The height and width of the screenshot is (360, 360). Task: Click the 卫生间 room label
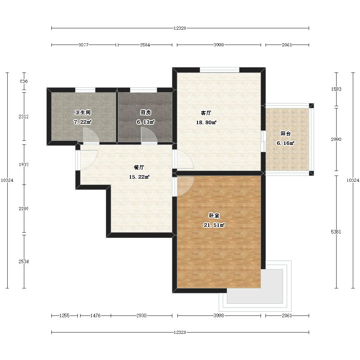(x=83, y=112)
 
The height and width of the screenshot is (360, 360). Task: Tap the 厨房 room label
(x=146, y=112)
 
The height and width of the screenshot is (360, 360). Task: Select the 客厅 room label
(x=206, y=113)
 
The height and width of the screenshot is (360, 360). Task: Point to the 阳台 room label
(x=286, y=134)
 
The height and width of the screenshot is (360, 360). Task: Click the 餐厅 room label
(x=139, y=167)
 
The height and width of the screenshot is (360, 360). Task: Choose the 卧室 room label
(x=214, y=216)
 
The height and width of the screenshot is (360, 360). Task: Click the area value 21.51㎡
(x=214, y=225)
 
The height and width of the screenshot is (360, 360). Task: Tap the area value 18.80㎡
(x=206, y=122)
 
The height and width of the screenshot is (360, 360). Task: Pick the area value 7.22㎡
(x=83, y=122)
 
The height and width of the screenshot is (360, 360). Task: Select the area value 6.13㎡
(x=146, y=122)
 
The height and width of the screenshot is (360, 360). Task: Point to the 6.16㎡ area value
(x=286, y=143)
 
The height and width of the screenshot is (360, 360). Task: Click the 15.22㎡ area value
(x=139, y=177)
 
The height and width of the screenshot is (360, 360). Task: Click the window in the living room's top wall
(x=220, y=70)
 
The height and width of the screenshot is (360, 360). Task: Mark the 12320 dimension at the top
(x=180, y=28)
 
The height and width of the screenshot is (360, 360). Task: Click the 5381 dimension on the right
(x=336, y=232)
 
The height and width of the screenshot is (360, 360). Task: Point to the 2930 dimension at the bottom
(x=141, y=315)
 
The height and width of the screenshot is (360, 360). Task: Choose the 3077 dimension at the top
(x=84, y=45)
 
